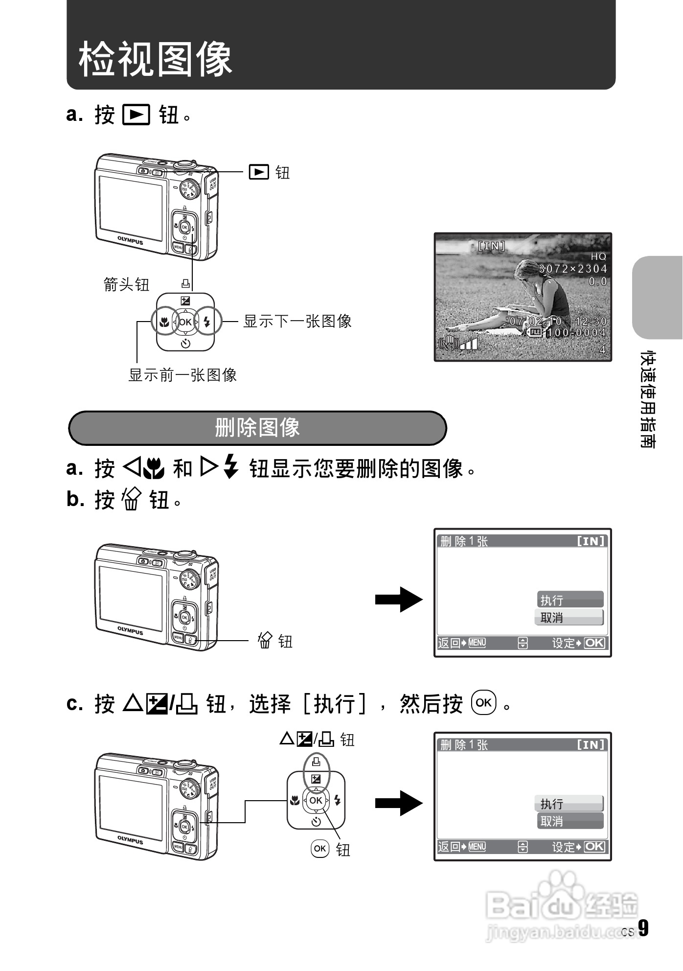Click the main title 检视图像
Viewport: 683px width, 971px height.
155,59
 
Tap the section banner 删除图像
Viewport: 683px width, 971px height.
257,428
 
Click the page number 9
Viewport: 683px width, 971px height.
643,928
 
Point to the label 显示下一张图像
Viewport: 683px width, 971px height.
297,322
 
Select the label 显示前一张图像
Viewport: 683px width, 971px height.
182,375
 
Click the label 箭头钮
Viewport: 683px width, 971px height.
126,284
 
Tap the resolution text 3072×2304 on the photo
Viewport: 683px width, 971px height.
572,269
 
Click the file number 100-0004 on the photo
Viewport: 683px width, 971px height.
576,333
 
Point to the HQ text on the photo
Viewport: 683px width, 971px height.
598,256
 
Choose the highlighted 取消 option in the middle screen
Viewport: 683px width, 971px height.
569,618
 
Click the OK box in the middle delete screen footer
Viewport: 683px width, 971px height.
594,643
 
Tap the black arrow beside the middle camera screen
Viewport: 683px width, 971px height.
399,599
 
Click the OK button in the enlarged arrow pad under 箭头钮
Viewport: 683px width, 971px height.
185,322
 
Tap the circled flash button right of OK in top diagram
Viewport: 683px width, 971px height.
207,322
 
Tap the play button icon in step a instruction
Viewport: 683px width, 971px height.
136,115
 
